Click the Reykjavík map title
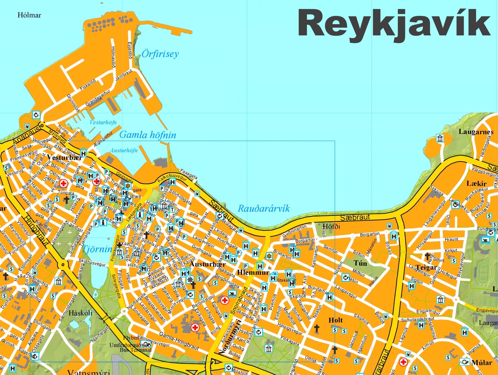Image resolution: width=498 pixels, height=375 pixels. pos(394,23)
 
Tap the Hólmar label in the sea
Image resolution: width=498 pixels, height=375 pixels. pos(29,15)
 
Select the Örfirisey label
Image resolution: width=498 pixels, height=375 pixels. pos(160,54)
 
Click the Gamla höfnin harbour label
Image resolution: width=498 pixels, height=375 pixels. pos(147,135)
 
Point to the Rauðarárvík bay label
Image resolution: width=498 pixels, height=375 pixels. pos(263,209)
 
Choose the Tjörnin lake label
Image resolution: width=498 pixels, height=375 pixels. pos(97,249)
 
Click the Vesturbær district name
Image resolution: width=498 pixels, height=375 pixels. pos(64,157)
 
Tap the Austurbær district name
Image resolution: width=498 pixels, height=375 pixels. pos(208,264)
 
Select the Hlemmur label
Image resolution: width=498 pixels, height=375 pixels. pos(253,272)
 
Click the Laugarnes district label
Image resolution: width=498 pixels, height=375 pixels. pos(476,132)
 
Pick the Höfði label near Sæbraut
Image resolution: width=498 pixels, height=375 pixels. pos(331,226)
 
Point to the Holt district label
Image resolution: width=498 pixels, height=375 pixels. pos(335,320)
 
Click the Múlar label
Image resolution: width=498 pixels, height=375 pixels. pos(482,363)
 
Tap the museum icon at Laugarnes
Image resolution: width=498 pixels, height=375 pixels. pos(440,138)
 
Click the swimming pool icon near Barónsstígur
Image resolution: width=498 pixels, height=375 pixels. pos(232,294)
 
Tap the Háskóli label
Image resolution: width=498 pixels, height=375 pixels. pos(80,313)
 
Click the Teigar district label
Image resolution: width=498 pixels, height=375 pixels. pos(426,267)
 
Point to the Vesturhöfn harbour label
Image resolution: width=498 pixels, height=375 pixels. pos(103,122)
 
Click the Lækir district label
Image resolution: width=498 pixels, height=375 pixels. pos(476,184)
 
